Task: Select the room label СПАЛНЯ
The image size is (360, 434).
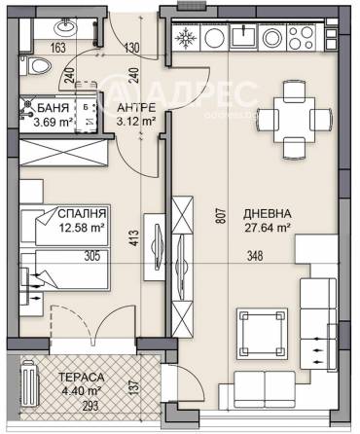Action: coord(82,211)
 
